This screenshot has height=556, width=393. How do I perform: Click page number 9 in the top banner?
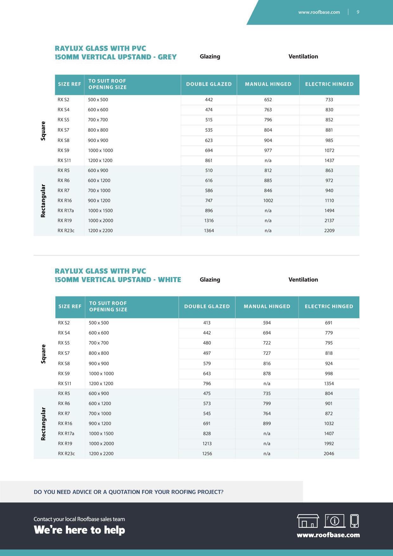[x=358, y=12]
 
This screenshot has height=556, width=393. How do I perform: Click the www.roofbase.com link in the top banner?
[x=319, y=12]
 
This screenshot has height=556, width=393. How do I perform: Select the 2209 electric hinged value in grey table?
[x=329, y=230]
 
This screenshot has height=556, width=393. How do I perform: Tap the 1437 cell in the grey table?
[x=329, y=160]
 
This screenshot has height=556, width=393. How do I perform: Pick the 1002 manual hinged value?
[x=268, y=200]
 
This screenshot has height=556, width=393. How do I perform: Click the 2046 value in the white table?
[x=329, y=454]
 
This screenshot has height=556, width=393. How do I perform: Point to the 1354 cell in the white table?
[x=329, y=384]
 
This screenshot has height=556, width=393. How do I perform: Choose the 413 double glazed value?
[x=207, y=323]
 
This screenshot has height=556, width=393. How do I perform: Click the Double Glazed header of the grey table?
[x=209, y=84]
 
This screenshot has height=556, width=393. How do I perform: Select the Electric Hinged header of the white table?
[x=329, y=307]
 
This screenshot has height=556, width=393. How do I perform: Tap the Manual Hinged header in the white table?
[x=267, y=307]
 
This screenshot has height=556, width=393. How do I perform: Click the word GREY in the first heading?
[x=167, y=57]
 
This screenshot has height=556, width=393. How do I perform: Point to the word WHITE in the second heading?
[x=169, y=280]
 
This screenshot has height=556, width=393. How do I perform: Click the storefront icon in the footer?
[x=308, y=521]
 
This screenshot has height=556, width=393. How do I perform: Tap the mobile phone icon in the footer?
[x=354, y=521]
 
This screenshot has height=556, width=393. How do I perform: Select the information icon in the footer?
[x=335, y=521]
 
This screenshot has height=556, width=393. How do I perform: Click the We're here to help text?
[x=79, y=530]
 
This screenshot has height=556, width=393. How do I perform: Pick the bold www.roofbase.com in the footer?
[x=328, y=535]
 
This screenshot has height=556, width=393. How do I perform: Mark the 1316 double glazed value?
[x=209, y=221]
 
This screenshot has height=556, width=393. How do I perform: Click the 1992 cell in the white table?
[x=329, y=443]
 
